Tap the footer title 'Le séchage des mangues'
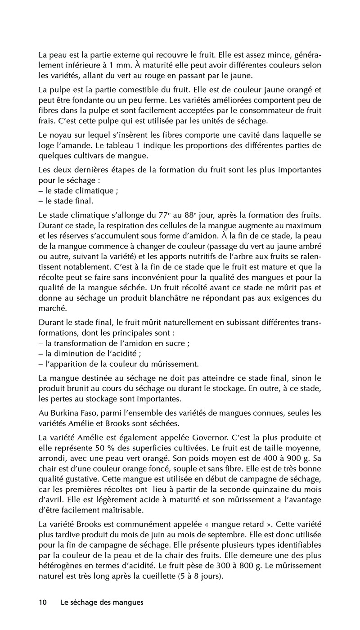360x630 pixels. (102, 603)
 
